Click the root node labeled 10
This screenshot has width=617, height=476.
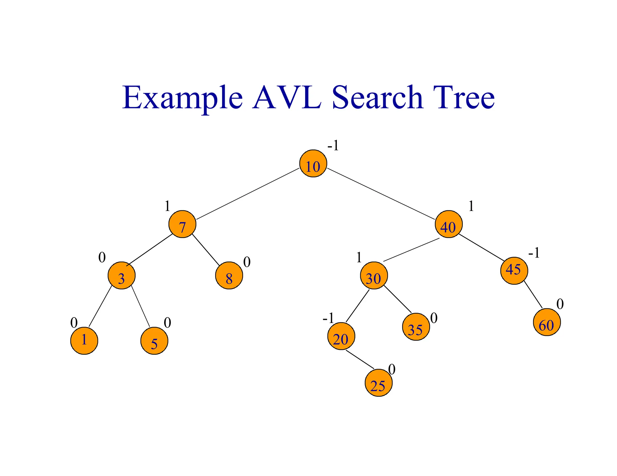tap(313, 163)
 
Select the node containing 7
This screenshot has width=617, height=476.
tap(182, 224)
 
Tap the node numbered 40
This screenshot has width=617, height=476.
tap(449, 224)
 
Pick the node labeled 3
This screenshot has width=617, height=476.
tap(121, 276)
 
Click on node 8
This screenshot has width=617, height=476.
tap(229, 276)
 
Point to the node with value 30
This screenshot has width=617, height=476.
tap(374, 276)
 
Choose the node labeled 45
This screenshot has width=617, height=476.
tap(514, 270)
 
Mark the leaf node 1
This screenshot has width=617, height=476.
tap(84, 341)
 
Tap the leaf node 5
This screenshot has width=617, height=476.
tap(154, 341)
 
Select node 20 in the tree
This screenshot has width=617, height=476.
tap(341, 336)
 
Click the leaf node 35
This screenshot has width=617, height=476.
tap(416, 327)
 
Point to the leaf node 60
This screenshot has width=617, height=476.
tap(547, 322)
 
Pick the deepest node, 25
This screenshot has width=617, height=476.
tap(378, 383)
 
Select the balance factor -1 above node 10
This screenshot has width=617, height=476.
tap(333, 146)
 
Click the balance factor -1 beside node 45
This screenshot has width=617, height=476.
tap(534, 253)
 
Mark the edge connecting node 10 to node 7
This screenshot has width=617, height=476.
tap(248, 194)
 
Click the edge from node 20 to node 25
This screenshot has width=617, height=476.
tap(360, 360)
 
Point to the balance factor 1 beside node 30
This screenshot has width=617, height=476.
tap(359, 258)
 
